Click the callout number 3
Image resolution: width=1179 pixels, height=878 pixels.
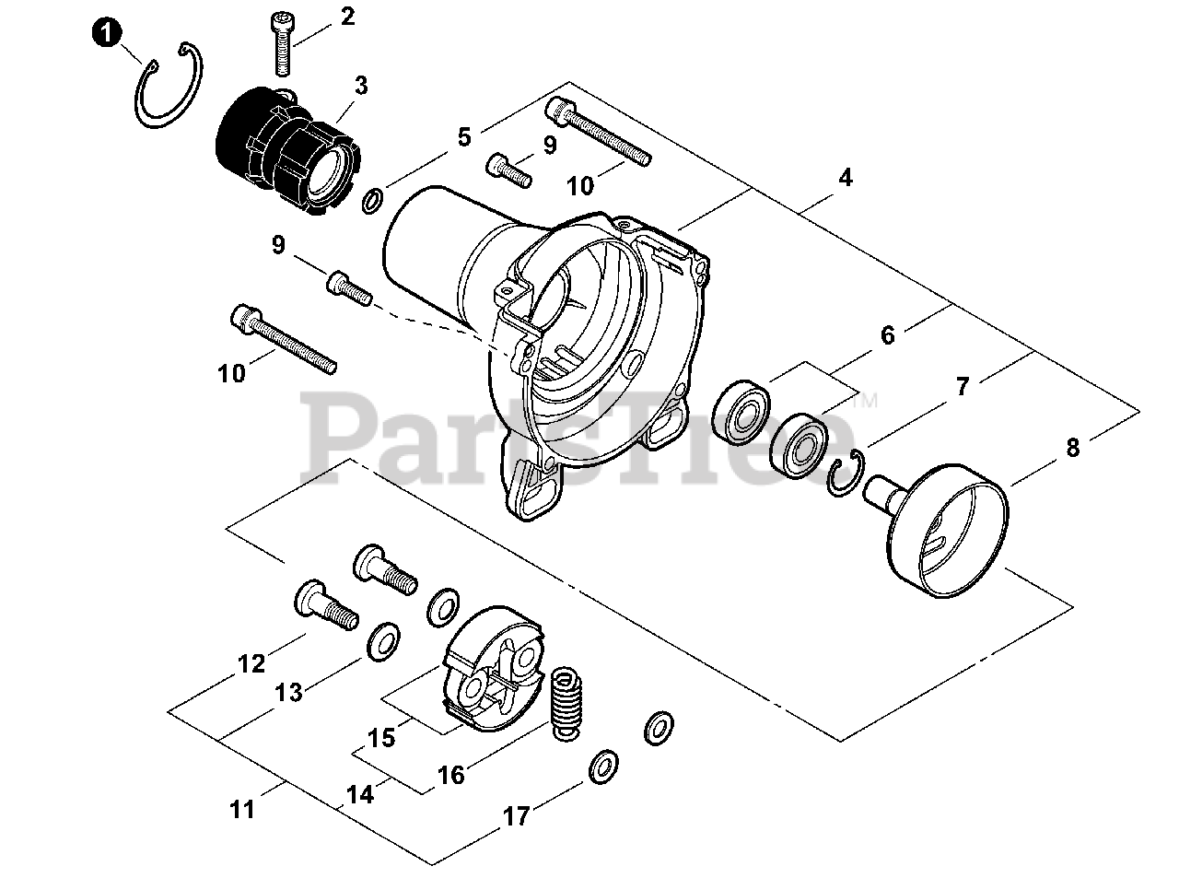coord(361,86)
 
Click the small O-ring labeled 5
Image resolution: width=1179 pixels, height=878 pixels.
coord(372,201)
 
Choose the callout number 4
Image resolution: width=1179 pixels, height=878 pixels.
coord(845,178)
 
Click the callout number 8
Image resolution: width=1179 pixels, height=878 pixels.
coord(1073,449)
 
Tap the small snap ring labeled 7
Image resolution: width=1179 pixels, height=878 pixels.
coord(845,474)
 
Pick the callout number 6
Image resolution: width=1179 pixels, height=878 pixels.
coord(887,335)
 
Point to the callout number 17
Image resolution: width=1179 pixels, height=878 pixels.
coord(516,816)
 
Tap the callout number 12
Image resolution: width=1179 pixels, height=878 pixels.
coord(251,663)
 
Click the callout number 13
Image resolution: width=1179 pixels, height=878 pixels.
coord(288,692)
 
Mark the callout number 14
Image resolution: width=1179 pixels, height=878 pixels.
coord(360,794)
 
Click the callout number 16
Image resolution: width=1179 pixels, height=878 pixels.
coord(451,776)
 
